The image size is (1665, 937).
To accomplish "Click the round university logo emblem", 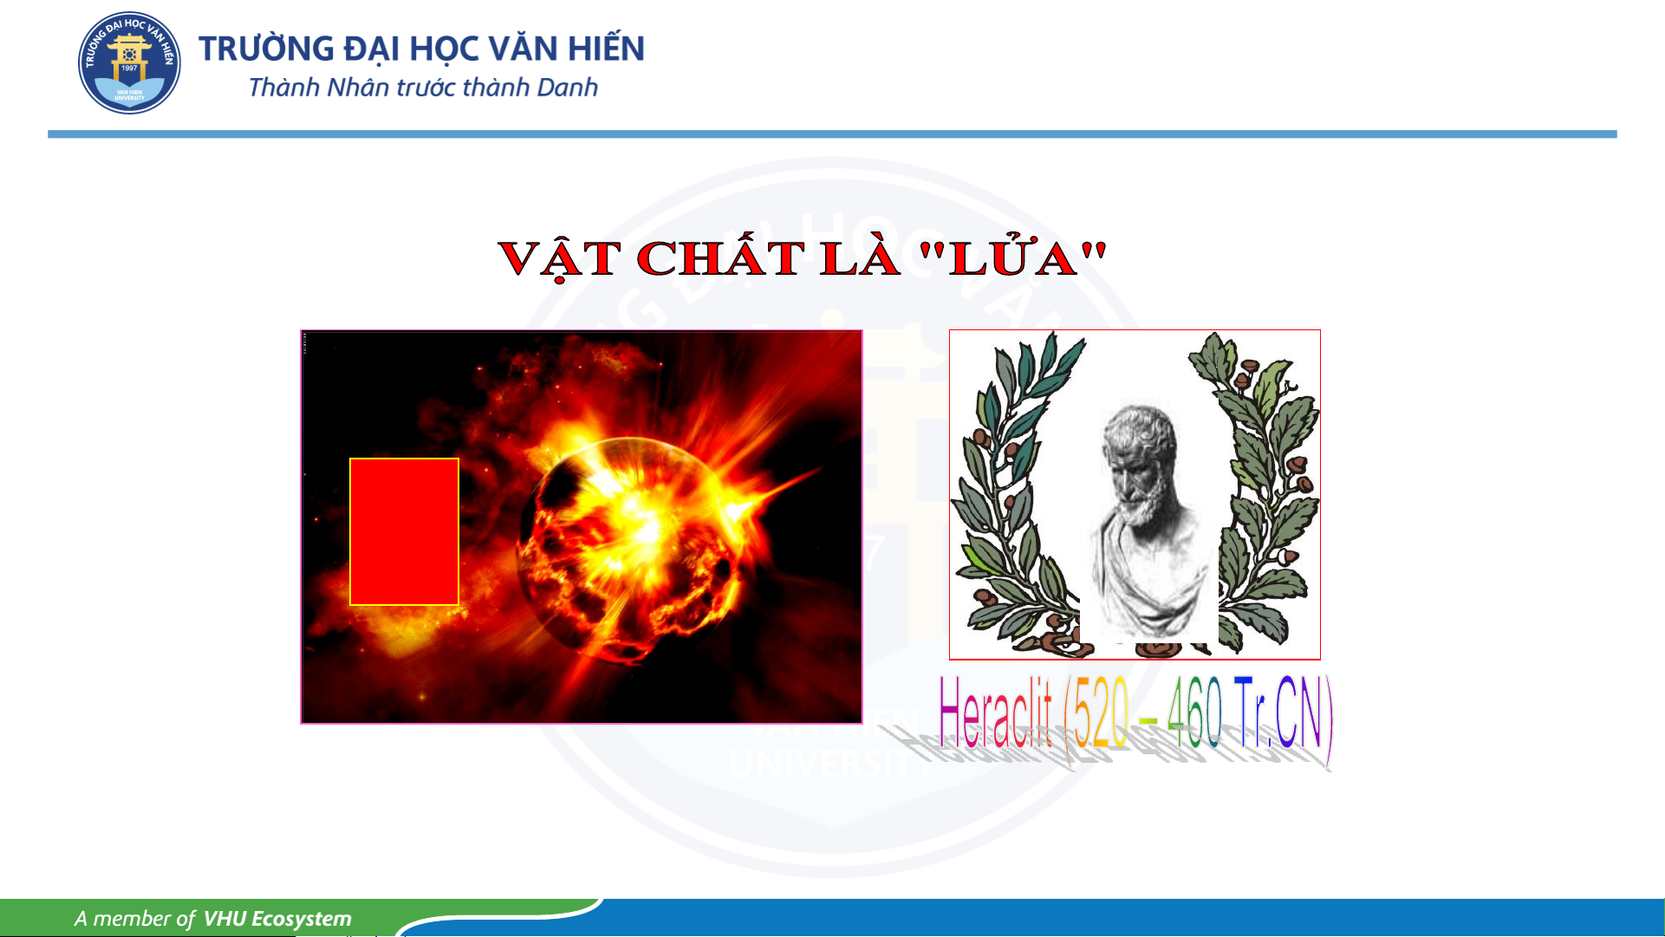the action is pyautogui.click(x=129, y=62).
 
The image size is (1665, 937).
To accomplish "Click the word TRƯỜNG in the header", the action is pyautogui.click(x=266, y=48).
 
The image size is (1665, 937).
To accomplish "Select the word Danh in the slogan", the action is pyautogui.click(x=568, y=88).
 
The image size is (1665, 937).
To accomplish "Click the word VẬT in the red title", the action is pyautogui.click(x=559, y=259).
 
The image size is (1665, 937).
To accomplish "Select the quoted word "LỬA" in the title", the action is pyautogui.click(x=1012, y=257).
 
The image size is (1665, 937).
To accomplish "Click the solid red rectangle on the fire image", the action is pyautogui.click(x=404, y=531).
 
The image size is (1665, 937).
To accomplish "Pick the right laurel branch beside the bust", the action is pyautogui.click(x=1261, y=494).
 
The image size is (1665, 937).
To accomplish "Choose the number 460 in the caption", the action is pyautogui.click(x=1194, y=713).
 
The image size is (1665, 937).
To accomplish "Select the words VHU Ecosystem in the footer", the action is pyautogui.click(x=277, y=919).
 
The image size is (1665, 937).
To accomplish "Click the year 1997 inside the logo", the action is pyautogui.click(x=129, y=68).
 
